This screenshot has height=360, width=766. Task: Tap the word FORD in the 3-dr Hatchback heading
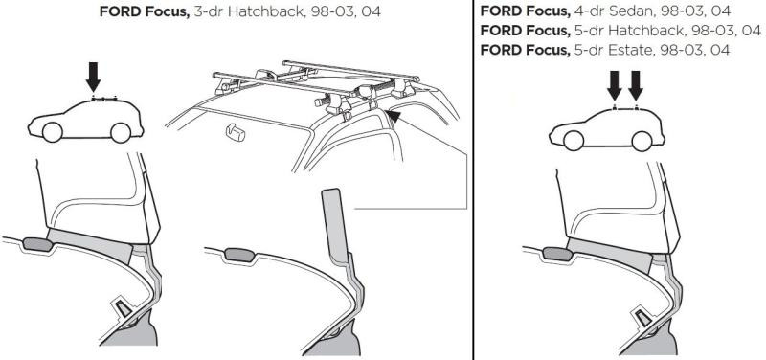[x=118, y=13]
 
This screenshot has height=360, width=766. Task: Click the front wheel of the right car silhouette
[x=575, y=142]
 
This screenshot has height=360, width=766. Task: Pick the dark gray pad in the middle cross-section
[x=236, y=254]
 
